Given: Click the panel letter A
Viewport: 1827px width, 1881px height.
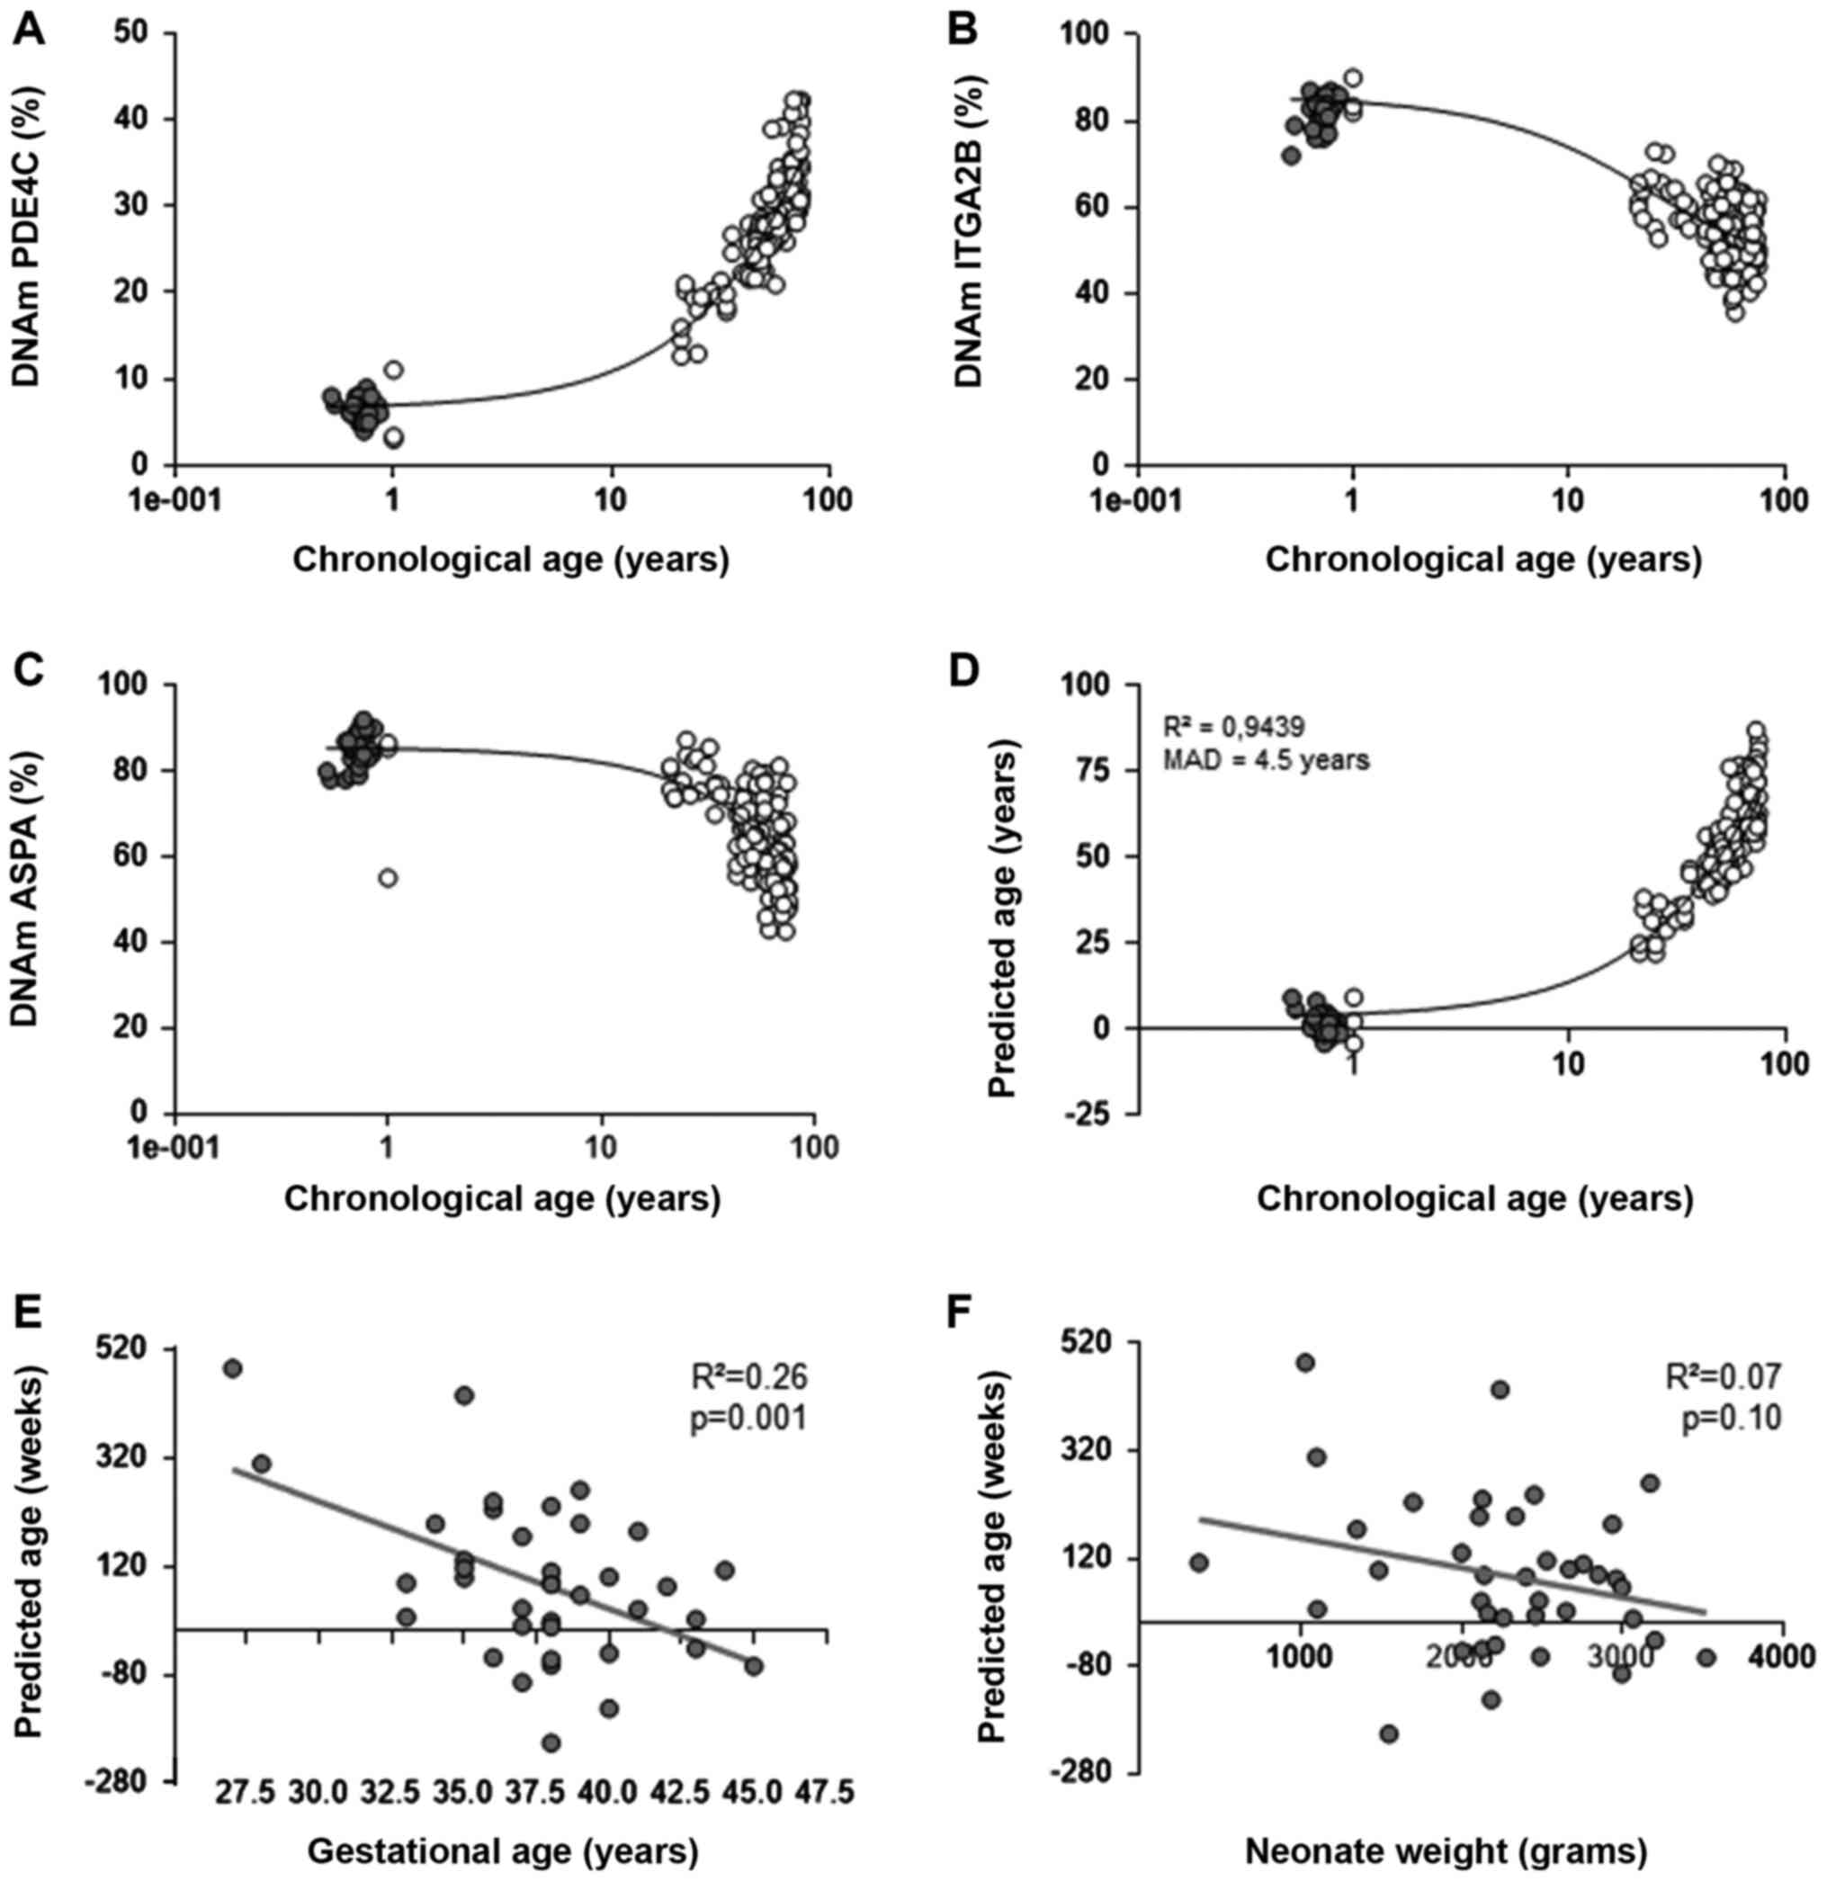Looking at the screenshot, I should click(x=30, y=30).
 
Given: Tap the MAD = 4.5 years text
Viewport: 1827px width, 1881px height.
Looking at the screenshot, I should click(x=1266, y=761).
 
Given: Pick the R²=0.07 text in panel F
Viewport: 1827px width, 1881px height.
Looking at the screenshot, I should click(x=1723, y=1377).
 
